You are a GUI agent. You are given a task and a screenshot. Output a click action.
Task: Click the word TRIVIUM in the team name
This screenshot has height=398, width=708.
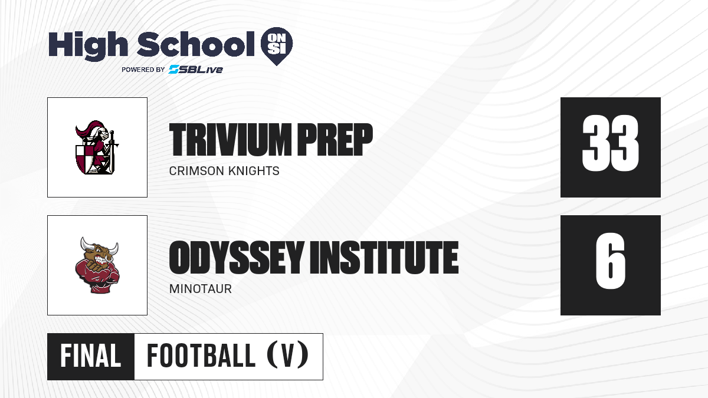point(230,140)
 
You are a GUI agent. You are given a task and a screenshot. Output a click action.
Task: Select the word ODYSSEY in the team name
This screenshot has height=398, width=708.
point(237,257)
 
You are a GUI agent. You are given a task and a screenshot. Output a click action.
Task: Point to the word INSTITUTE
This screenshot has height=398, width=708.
point(384,257)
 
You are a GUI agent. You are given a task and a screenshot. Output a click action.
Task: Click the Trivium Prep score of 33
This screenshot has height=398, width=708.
point(610,143)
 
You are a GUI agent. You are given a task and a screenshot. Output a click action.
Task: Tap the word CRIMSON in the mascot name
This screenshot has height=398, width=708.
point(196,171)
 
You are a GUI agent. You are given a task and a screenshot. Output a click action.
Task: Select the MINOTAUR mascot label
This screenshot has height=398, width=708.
point(201,289)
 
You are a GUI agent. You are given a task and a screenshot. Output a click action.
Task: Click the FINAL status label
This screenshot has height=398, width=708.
point(91,356)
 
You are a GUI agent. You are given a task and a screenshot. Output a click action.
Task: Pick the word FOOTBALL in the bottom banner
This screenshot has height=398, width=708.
point(201,356)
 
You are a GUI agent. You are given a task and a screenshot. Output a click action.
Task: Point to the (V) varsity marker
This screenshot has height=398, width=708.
point(288,356)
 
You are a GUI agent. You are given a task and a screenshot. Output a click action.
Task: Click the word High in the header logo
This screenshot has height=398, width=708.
point(88,45)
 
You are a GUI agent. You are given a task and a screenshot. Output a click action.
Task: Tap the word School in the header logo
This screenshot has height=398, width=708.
point(196,44)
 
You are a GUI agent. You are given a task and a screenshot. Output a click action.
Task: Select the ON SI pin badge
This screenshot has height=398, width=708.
point(277,46)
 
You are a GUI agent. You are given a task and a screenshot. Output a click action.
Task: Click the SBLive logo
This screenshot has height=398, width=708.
point(195,70)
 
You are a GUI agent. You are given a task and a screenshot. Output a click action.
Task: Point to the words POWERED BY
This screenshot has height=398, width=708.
point(143,70)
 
